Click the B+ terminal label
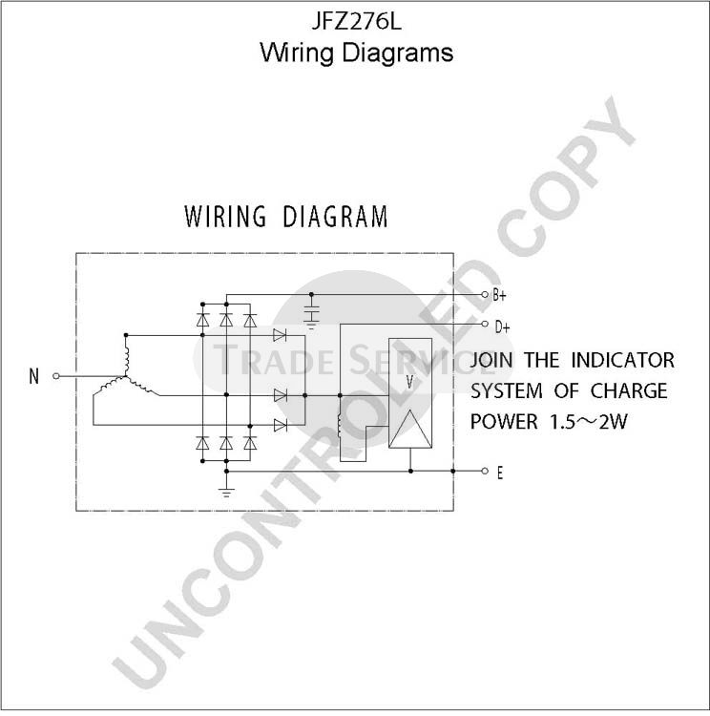pos(499,295)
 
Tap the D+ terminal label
pos(502,326)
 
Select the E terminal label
pos(500,474)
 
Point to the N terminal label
pos(33,377)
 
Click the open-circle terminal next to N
pos(56,376)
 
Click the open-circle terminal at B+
pos(485,295)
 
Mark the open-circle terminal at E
pos(485,471)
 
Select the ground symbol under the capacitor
pos(311,326)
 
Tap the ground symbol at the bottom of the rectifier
pos(226,493)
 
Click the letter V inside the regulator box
pos(409,382)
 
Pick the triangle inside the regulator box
pos(410,429)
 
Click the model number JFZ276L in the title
pos(356,21)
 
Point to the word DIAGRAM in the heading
pos(335,217)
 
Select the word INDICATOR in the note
pos(623,360)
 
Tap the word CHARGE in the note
pos(628,391)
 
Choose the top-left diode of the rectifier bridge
pos(202,320)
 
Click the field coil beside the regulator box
pos(339,426)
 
